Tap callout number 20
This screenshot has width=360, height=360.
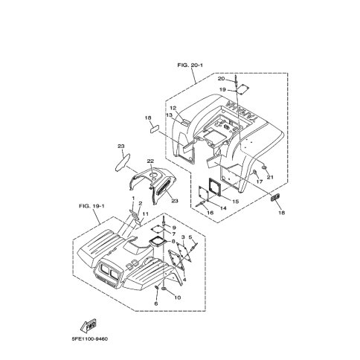point(221,79)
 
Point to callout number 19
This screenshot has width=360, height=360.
point(222,89)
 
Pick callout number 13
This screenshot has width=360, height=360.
point(169,115)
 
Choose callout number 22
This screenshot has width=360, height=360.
point(150,161)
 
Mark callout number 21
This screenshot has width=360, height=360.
point(270,177)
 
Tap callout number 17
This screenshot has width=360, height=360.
point(260,181)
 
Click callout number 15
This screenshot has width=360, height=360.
point(235,202)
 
